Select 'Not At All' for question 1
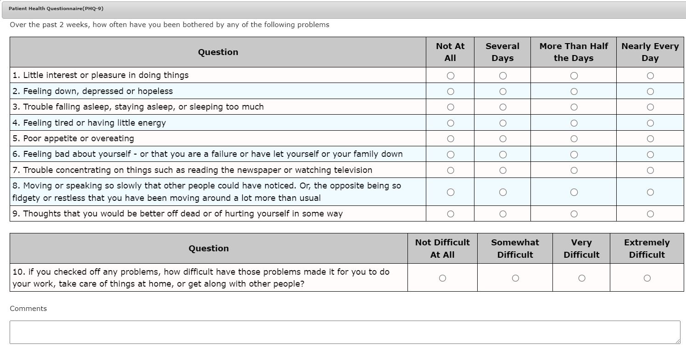pyautogui.click(x=450, y=76)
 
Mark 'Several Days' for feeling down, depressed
pyautogui.click(x=502, y=92)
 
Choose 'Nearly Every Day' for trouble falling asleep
pyautogui.click(x=650, y=107)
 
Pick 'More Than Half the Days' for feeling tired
pyautogui.click(x=574, y=123)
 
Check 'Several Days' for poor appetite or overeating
pyautogui.click(x=502, y=139)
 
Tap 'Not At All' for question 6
pyautogui.click(x=450, y=155)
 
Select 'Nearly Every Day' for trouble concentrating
pyautogui.click(x=650, y=171)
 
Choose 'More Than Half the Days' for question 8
pyautogui.click(x=574, y=192)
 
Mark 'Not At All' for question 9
pyautogui.click(x=450, y=214)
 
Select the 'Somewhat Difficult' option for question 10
pyautogui.click(x=515, y=278)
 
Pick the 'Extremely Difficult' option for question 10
pyautogui.click(x=647, y=278)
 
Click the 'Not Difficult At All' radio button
pyautogui.click(x=442, y=278)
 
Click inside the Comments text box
pyautogui.click(x=344, y=332)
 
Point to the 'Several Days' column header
pyautogui.click(x=502, y=52)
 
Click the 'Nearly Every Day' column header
pyautogui.click(x=650, y=52)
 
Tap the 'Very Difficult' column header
pyautogui.click(x=581, y=249)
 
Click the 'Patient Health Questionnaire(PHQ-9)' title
pyautogui.click(x=56, y=9)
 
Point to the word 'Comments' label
pyautogui.click(x=28, y=309)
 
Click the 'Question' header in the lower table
pyautogui.click(x=209, y=249)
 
